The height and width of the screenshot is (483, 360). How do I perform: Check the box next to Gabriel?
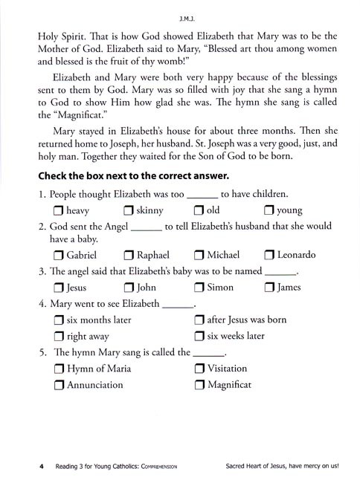(60, 255)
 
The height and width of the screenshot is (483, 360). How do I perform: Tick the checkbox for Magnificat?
(199, 385)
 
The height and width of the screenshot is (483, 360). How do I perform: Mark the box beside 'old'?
(199, 211)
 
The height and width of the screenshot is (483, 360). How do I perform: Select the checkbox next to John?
(130, 288)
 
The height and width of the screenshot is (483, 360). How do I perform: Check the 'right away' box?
(60, 336)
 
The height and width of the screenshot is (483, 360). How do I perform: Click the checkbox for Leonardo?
(270, 255)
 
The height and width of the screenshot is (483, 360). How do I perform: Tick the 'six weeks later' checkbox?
(199, 336)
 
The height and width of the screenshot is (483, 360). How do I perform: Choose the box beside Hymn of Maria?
(60, 369)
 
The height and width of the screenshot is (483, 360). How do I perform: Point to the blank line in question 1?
(202, 194)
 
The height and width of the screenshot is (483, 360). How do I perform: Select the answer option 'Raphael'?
(153, 255)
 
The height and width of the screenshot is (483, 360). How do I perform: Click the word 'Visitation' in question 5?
(227, 369)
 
